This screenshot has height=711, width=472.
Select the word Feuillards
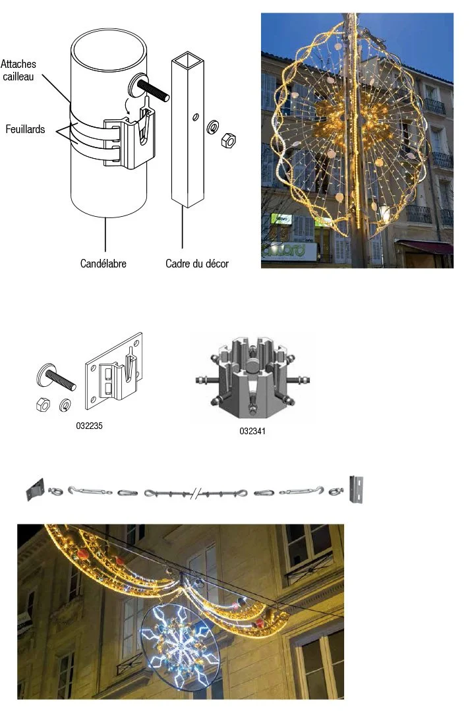pos(25,129)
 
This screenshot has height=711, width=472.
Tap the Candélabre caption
pos(103,264)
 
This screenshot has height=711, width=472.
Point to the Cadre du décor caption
pos(197,264)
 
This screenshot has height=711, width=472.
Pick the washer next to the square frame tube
pos(214,126)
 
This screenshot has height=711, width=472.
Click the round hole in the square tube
pos(195,117)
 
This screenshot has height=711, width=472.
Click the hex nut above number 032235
pos(41,405)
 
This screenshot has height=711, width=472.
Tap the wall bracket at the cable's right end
pos(357,488)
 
